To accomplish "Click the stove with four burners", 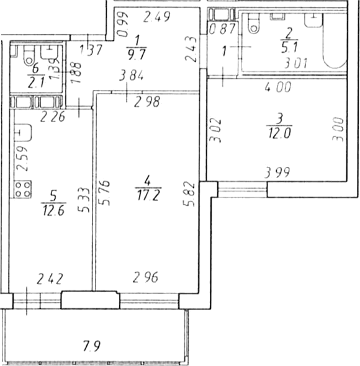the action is coord(23,189).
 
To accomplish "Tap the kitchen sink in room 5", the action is coord(23,133).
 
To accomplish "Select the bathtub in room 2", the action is coord(335,41).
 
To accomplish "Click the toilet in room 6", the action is coord(29,55).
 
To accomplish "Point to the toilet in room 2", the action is coord(254,23).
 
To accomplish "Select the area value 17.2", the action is coord(148,195).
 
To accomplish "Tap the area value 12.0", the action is coord(279,133).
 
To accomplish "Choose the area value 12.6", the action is coord(53,210).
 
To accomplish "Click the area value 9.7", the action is coord(137,55).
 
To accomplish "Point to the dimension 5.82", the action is coord(189,194).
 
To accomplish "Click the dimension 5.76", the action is coord(104,193).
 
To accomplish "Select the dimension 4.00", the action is coord(278,87).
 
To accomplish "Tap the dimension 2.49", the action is coord(157,17).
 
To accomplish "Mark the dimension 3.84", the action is coord(132,76).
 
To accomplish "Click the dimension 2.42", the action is coord(50,279).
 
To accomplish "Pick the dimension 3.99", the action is coord(277,172).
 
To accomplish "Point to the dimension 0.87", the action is coord(222,29).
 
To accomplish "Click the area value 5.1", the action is coord(289,48).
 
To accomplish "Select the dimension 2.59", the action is coord(23,159).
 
